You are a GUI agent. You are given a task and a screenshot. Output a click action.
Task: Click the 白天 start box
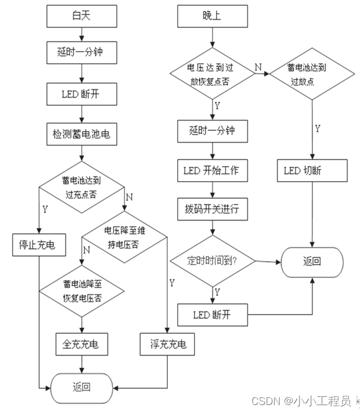pos(81,16)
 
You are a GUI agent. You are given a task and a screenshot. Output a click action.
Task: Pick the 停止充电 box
pos(39,245)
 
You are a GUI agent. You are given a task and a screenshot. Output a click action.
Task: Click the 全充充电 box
pos(81,344)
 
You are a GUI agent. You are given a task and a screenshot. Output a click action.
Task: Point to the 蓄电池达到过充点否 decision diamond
pos(81,186)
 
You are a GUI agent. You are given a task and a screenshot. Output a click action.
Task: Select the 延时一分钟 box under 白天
pos(81,54)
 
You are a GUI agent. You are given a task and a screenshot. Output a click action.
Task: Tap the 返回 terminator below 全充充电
pos(81,386)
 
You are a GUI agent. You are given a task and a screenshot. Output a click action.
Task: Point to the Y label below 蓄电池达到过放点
pos(318,128)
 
